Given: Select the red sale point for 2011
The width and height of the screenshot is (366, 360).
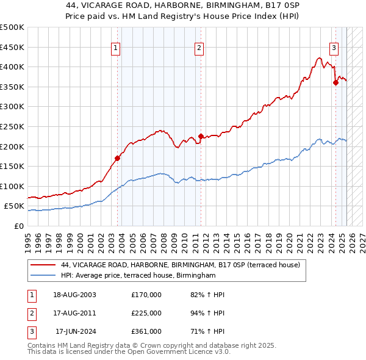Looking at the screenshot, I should (201, 136).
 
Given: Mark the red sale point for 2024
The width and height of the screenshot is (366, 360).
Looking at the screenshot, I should (335, 82).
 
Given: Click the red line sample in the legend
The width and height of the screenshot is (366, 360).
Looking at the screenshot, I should (43, 265).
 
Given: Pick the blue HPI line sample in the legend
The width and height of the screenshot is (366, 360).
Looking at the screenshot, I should (43, 276).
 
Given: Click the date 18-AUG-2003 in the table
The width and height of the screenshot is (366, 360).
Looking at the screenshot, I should (74, 295).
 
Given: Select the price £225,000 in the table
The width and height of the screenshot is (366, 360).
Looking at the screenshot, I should (146, 313).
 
